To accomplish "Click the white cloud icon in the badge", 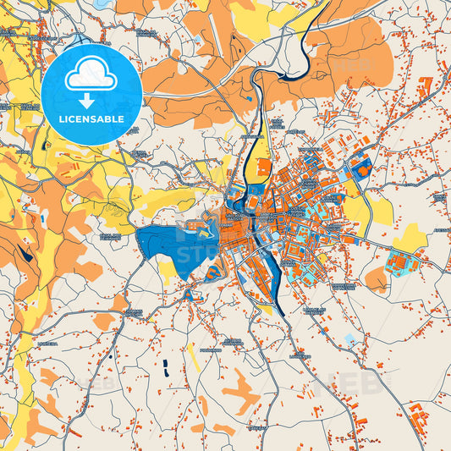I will click(x=91, y=75).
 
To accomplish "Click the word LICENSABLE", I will click(x=91, y=119).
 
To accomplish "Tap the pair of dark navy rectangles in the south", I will click(x=165, y=367).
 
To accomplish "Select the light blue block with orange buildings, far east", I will click(x=398, y=263).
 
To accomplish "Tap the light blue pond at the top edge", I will click(x=102, y=4).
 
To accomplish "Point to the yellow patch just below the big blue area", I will click(x=168, y=270).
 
